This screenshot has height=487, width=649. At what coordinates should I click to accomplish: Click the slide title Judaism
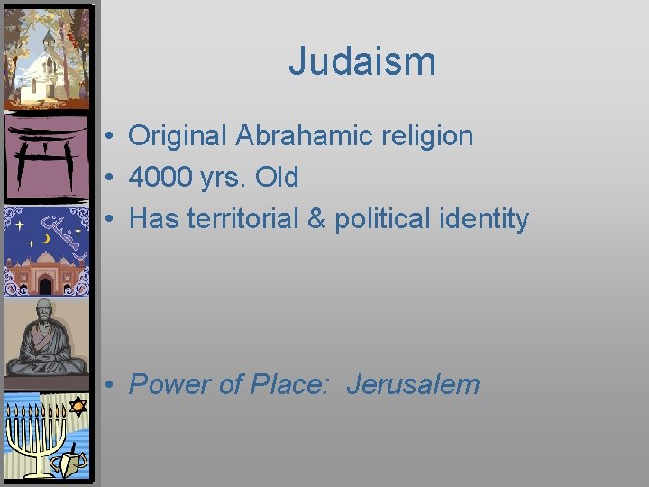pyautogui.click(x=362, y=62)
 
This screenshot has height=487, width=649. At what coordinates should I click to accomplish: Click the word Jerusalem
pyautogui.click(x=413, y=385)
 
